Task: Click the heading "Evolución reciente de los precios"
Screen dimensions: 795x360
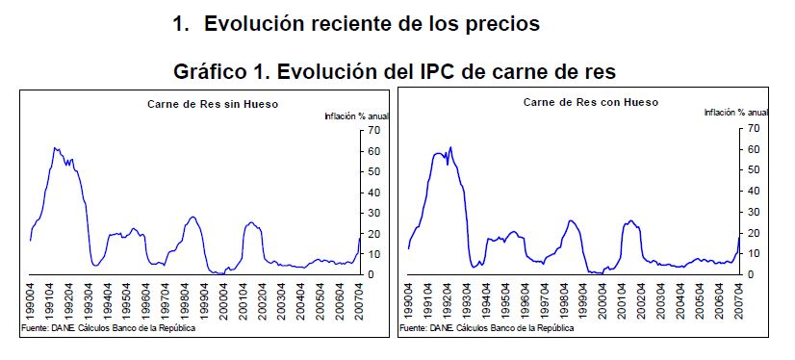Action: click(x=372, y=24)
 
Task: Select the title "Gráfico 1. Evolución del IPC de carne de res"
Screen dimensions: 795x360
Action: click(x=395, y=71)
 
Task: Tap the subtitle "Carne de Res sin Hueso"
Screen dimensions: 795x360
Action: click(x=213, y=104)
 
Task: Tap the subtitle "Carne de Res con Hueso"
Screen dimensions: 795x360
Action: click(x=591, y=102)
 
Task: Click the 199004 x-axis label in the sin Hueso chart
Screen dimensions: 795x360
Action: click(x=31, y=300)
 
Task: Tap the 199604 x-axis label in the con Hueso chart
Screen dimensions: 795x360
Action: click(x=525, y=300)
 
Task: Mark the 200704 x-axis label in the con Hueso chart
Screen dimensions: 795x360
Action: click(x=739, y=300)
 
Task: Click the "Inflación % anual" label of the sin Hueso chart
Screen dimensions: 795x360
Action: click(x=357, y=116)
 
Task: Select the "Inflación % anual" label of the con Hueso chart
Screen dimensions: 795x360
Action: click(x=736, y=113)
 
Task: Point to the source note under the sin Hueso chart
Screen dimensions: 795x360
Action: click(x=109, y=328)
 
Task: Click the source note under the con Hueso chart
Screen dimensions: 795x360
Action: click(x=487, y=328)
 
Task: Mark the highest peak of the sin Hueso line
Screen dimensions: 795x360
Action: click(x=55, y=147)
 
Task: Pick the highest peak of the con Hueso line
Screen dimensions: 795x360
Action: click(x=450, y=147)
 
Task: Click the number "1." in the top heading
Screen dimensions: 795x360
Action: click(x=181, y=24)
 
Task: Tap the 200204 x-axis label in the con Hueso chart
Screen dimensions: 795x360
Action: click(x=641, y=300)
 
